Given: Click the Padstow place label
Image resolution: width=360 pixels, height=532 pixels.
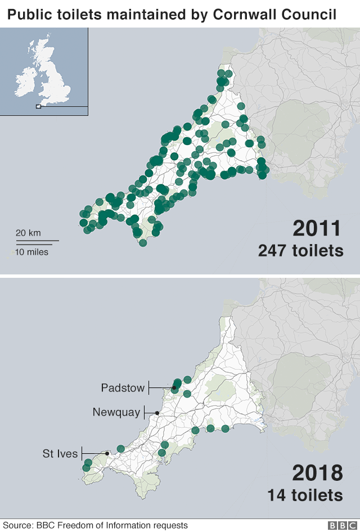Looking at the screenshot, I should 123,387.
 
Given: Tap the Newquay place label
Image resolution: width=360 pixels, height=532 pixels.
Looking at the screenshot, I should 116,412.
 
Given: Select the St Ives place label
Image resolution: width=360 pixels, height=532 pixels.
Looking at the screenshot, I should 60,453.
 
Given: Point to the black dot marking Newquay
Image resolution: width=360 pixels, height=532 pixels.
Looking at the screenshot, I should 157,413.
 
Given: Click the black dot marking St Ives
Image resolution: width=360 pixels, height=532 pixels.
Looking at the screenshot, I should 107,453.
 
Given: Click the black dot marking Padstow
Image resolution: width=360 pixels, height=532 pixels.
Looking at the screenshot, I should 174,387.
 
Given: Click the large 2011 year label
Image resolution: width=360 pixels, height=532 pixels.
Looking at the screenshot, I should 317,229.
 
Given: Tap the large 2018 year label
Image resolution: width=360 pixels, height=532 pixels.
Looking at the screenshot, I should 317,473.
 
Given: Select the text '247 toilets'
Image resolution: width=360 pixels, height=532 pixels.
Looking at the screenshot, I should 300,251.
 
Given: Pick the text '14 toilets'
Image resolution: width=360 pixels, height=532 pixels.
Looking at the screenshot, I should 305,495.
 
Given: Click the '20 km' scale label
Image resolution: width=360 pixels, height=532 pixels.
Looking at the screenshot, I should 28,233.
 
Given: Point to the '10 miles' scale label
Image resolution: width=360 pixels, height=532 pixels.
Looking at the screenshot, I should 31,252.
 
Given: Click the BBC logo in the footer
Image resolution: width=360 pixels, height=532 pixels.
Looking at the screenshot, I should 339,525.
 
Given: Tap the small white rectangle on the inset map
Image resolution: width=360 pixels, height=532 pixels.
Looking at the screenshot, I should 38,106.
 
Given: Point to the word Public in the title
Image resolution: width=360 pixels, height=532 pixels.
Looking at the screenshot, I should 26,14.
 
